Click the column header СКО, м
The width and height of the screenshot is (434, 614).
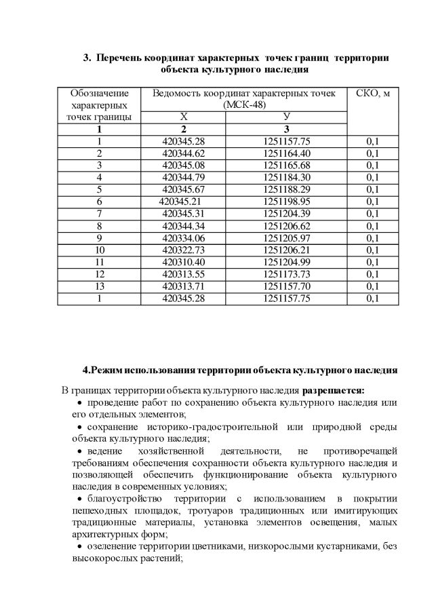click(x=372, y=93)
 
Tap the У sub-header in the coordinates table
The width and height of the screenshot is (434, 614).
click(x=286, y=117)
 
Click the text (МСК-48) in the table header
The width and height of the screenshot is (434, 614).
click(x=243, y=105)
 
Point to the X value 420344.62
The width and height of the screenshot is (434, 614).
click(x=183, y=153)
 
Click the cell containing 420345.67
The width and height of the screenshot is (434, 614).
click(x=183, y=189)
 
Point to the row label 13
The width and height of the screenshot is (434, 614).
click(x=99, y=286)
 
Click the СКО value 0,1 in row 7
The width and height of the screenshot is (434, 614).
click(x=372, y=214)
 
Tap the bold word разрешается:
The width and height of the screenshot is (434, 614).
click(x=333, y=390)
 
